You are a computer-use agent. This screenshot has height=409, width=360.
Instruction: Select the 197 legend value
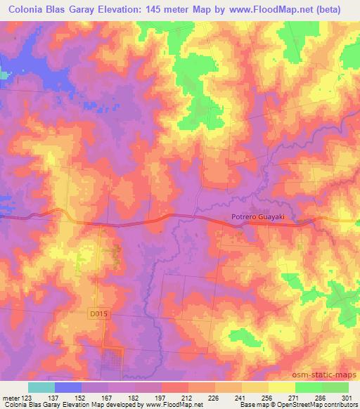(161, 397)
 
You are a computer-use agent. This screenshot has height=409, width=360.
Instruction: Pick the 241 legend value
(241, 397)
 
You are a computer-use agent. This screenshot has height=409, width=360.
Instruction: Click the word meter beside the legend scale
(9, 397)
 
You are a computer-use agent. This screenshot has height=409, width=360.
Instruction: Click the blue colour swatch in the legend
(68, 387)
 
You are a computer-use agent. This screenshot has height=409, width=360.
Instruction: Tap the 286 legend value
(321, 397)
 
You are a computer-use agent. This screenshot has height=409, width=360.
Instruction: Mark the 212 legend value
(188, 397)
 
